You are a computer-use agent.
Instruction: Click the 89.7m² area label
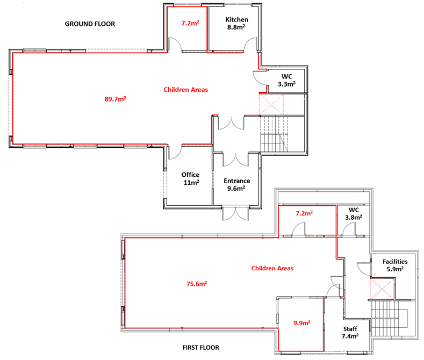click(x=115, y=99)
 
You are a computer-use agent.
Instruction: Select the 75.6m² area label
click(x=197, y=284)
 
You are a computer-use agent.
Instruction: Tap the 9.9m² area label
click(x=301, y=323)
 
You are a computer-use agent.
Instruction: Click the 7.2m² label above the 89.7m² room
click(x=190, y=23)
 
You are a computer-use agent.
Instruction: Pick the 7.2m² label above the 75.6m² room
click(x=304, y=213)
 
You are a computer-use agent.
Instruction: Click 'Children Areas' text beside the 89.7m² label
click(x=186, y=90)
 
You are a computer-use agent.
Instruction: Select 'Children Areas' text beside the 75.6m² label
click(x=272, y=268)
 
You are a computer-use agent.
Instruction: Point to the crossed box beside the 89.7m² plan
click(x=271, y=104)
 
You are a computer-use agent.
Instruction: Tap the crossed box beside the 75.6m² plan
click(x=382, y=289)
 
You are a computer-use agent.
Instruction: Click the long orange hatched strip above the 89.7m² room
click(x=212, y=52)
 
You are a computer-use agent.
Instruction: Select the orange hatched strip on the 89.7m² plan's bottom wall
click(x=197, y=145)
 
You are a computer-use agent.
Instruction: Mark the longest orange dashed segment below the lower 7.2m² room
click(x=324, y=236)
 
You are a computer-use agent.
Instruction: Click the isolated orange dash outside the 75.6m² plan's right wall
click(x=361, y=236)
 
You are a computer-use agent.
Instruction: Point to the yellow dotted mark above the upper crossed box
click(x=275, y=79)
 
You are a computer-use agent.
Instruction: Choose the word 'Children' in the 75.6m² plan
click(x=263, y=268)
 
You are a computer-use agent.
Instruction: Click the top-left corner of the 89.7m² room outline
click(x=13, y=53)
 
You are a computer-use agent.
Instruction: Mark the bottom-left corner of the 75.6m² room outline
click(x=125, y=328)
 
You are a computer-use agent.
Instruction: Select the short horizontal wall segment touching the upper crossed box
click(x=251, y=115)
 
